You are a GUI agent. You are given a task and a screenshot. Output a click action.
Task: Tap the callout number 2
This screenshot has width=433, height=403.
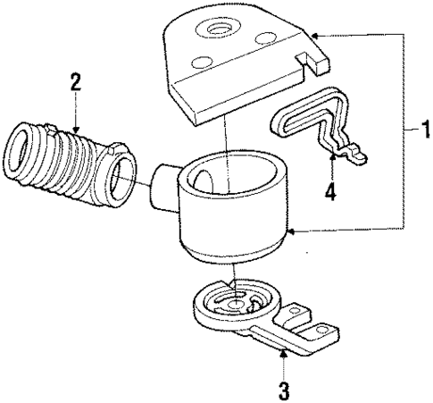(76, 83)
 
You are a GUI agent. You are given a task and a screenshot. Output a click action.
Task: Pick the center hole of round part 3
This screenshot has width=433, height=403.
(235, 305)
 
